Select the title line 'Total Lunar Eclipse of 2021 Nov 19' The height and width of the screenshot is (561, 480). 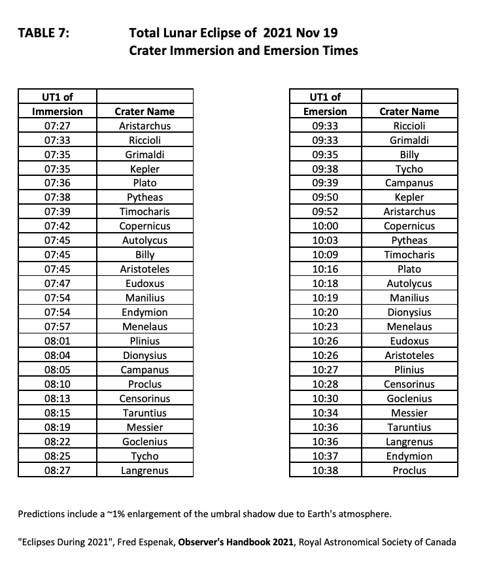pyautogui.click(x=233, y=33)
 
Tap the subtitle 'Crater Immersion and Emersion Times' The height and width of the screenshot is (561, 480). pyautogui.click(x=243, y=50)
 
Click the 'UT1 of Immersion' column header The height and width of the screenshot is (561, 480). pyautogui.click(x=57, y=104)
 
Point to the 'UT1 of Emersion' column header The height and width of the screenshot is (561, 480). pyautogui.click(x=325, y=104)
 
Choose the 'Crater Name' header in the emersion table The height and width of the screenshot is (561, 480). pyautogui.click(x=409, y=111)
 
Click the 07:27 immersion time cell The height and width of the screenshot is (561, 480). pyautogui.click(x=57, y=126)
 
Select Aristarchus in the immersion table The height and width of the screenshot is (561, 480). pyautogui.click(x=145, y=126)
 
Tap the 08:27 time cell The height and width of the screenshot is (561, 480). pyautogui.click(x=57, y=471)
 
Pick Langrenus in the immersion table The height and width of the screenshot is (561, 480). pyautogui.click(x=145, y=471)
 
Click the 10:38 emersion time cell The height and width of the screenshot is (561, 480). pyautogui.click(x=325, y=471)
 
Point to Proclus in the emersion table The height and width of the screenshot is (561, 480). pyautogui.click(x=409, y=471)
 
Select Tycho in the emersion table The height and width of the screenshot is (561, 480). pyautogui.click(x=409, y=169)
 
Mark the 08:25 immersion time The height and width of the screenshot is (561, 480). pyautogui.click(x=57, y=456)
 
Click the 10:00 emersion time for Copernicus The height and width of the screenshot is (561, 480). pyautogui.click(x=325, y=226)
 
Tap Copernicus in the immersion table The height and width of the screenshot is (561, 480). pyautogui.click(x=145, y=226)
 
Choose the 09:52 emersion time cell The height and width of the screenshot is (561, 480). pyautogui.click(x=325, y=212)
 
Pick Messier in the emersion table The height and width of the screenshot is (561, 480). pyautogui.click(x=409, y=413)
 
